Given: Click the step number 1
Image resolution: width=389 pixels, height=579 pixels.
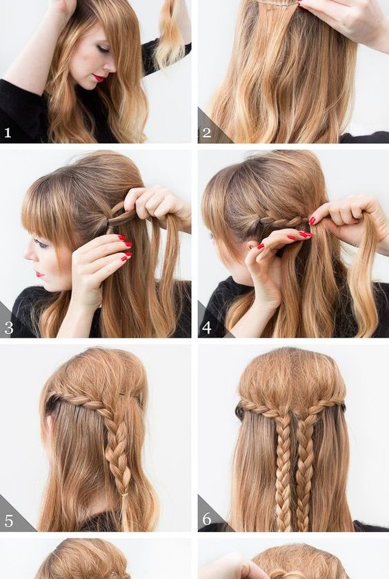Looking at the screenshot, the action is point(8,132).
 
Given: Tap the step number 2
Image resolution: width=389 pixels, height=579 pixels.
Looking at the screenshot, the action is point(206,132).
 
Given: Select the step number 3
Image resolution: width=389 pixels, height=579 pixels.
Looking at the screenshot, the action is point(8,328).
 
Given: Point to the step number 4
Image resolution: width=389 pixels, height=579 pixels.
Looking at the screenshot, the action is point(206,327).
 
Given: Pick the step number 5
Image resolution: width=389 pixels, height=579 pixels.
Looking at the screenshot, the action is point(8,520).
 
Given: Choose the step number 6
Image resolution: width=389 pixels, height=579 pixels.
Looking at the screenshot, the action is point(206,519).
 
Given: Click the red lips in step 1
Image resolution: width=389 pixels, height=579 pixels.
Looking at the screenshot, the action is point(99,78).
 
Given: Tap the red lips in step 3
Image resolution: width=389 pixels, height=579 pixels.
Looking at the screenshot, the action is point(39,274).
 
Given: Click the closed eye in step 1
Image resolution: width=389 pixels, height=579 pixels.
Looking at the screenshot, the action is point(103,49).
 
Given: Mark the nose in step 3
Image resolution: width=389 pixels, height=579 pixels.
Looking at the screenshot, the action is point(28,254).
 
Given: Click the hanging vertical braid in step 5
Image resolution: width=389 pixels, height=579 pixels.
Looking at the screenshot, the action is point(118,462).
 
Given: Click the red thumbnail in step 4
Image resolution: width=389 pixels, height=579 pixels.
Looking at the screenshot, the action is point(312,221).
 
